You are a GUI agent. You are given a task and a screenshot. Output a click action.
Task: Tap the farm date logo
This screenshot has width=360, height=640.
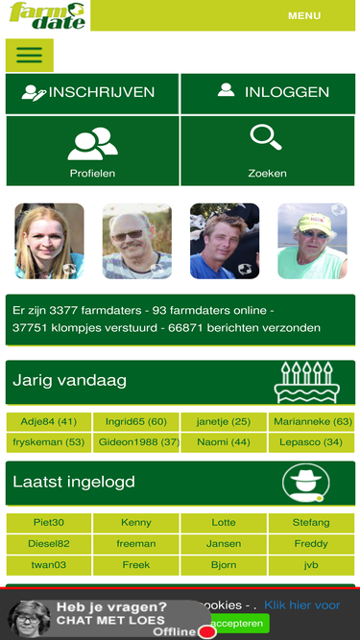click(x=45, y=15)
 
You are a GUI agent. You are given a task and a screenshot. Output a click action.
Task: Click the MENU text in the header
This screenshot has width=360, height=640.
click(x=304, y=15)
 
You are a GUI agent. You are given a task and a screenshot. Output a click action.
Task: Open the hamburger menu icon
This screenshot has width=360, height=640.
click(x=30, y=55)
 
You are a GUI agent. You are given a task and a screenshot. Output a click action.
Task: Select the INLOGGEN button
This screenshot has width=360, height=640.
click(x=268, y=93)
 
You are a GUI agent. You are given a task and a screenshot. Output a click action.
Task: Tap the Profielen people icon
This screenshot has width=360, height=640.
click(x=92, y=143)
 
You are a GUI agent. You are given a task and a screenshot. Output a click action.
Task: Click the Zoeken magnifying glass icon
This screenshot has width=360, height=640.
click(x=266, y=139)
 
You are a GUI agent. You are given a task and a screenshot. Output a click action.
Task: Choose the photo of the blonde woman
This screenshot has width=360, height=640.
click(x=49, y=241)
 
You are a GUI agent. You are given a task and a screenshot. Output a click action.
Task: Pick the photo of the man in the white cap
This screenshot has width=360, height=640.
click(x=312, y=241)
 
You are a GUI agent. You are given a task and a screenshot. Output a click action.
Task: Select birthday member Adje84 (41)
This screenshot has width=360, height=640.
click(x=49, y=421)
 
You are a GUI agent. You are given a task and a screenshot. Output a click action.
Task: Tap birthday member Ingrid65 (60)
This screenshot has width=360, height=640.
click(x=136, y=421)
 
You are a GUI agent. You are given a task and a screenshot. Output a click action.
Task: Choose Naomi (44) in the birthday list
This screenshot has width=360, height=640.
click(x=224, y=442)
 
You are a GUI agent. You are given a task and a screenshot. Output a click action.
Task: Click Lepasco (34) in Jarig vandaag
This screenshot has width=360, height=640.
click(x=311, y=442)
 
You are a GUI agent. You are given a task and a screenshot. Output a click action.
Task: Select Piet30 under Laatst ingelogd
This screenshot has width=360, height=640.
click(x=49, y=523)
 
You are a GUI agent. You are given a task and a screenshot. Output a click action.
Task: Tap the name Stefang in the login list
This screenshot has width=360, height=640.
click(x=311, y=523)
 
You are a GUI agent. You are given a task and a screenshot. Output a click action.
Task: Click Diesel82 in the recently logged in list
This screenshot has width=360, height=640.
click(x=49, y=544)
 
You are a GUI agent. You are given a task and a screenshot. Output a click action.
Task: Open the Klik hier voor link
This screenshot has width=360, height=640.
click(x=301, y=605)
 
